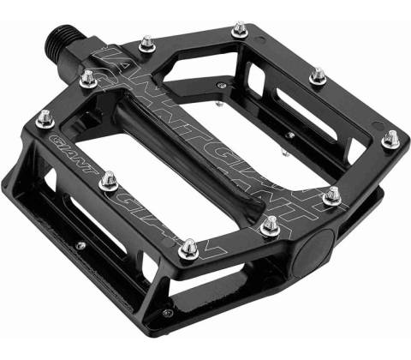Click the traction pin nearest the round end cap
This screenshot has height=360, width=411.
[270, 225]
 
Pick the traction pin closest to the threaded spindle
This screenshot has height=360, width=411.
[88, 79]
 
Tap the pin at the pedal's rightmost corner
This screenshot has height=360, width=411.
[391, 140]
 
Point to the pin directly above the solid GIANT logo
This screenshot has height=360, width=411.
[45, 119]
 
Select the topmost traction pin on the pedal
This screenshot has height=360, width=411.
[239, 30]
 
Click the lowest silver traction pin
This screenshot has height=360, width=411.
[188, 249]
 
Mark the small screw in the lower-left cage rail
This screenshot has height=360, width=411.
[80, 245]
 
